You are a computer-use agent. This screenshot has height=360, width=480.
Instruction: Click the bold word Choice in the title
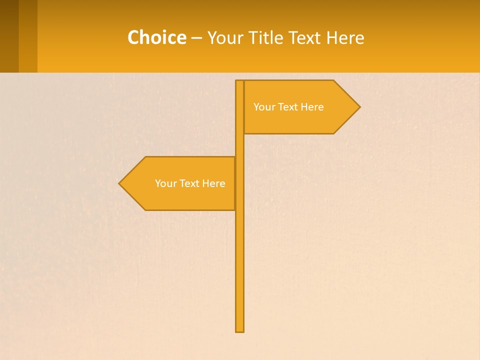point(156,37)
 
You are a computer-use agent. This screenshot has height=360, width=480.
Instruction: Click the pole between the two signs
point(239,145)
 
